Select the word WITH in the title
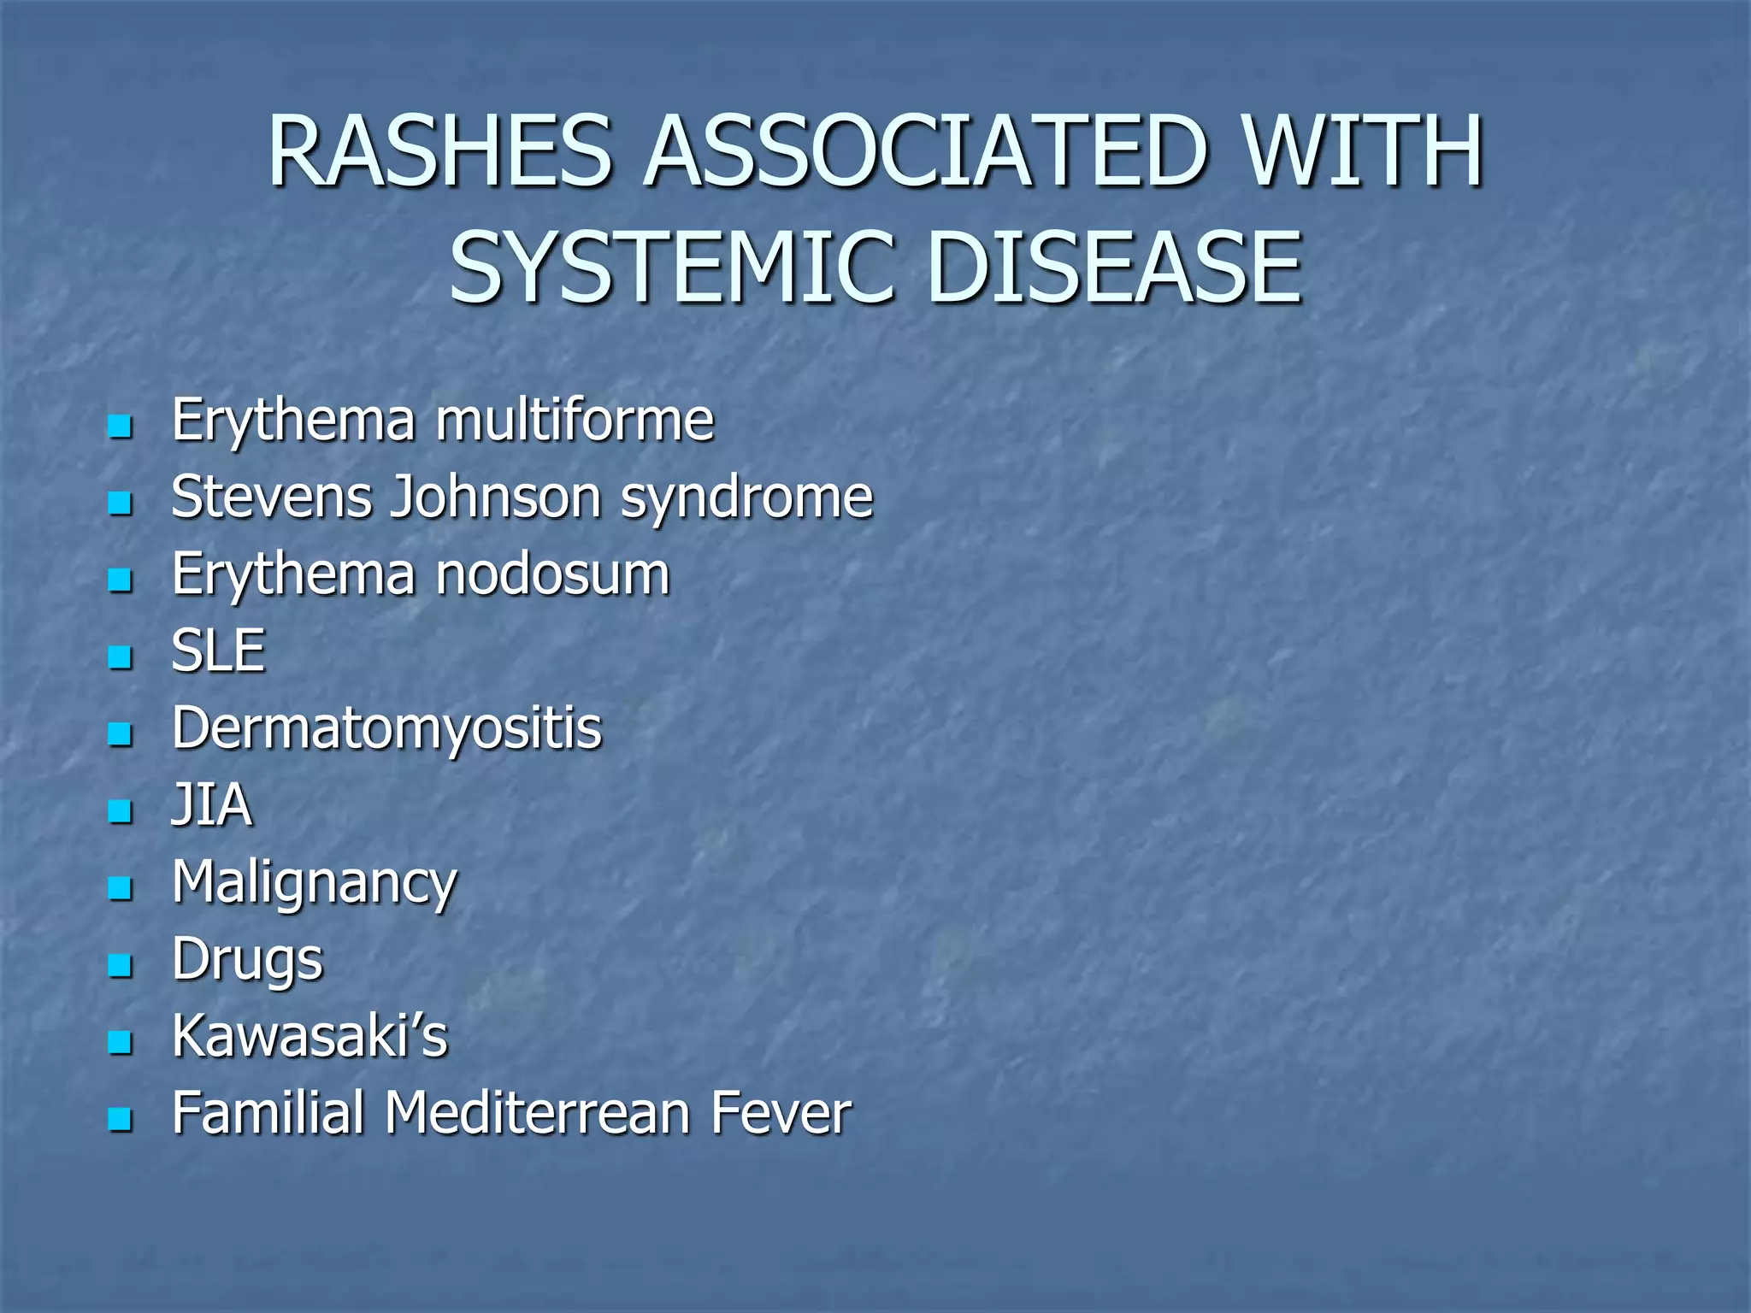(x=1363, y=152)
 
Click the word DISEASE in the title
(x=1115, y=268)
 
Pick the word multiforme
(x=575, y=421)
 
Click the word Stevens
(x=271, y=498)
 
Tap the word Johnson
(x=496, y=498)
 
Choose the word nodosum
(x=553, y=574)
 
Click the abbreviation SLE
(x=219, y=651)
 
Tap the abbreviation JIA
(x=212, y=805)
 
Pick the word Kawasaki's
(x=310, y=1036)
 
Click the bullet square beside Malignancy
(x=121, y=888)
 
